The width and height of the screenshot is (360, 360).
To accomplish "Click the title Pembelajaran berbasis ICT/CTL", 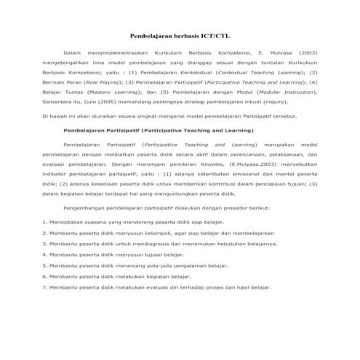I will [179, 34].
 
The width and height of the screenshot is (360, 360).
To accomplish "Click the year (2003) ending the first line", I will [307, 54].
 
